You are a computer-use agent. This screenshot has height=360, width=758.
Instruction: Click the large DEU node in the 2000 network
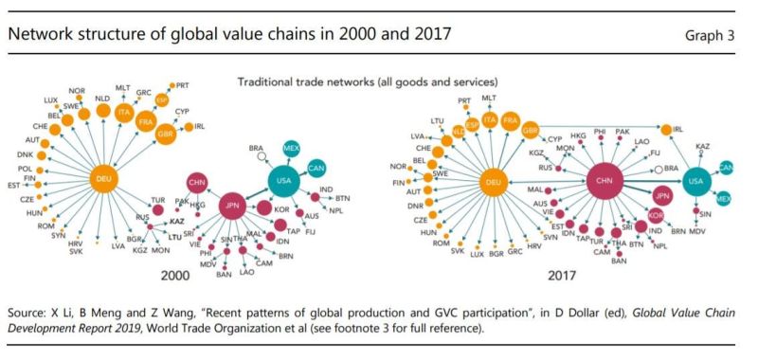pyautogui.click(x=104, y=177)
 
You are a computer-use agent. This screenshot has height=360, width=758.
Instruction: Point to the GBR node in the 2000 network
pyautogui.click(x=166, y=133)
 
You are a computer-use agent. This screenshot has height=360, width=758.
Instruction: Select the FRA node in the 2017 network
pyautogui.click(x=511, y=120)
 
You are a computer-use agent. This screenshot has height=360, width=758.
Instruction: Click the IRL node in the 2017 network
pyautogui.click(x=667, y=130)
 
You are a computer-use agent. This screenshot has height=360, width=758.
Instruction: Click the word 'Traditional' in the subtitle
pyautogui.click(x=269, y=82)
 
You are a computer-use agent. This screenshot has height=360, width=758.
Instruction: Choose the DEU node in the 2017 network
pyautogui.click(x=493, y=183)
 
